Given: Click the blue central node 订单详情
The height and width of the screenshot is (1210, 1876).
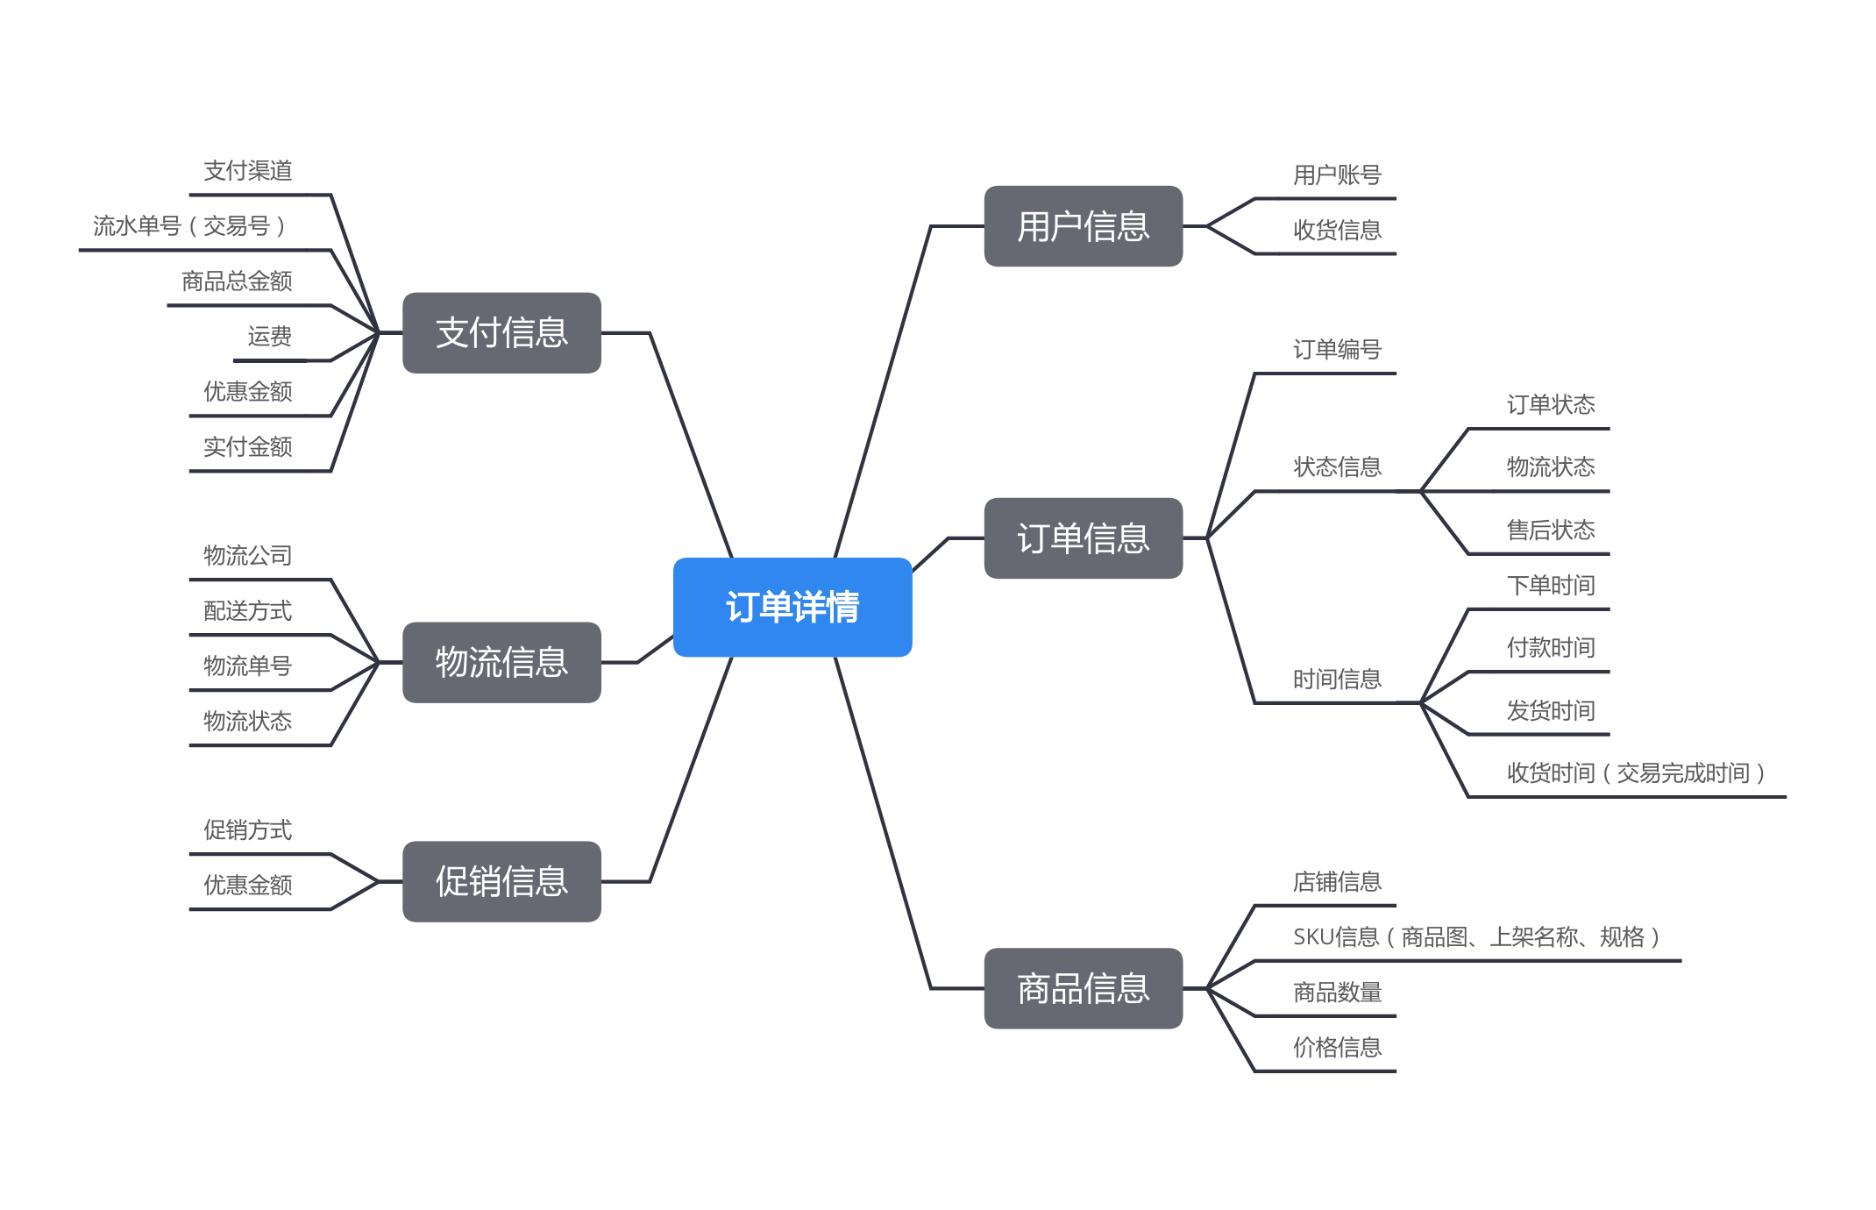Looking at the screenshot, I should click(792, 607).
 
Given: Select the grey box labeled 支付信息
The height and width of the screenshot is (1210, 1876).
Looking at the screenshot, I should click(501, 333).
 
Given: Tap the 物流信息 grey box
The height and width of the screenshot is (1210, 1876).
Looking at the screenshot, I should click(501, 662).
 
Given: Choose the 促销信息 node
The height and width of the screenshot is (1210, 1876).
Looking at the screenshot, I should click(501, 881).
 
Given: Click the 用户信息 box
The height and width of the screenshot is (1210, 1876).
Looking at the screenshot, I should click(1083, 226).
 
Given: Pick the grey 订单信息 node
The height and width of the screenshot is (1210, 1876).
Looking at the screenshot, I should click(1083, 538).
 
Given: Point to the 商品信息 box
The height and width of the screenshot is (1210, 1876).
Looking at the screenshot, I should click(1083, 988).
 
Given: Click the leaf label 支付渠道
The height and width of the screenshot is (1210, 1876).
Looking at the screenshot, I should click(248, 171).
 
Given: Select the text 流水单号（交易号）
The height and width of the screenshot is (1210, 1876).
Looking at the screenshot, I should click(189, 226).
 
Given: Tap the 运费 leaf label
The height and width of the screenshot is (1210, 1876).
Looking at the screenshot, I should click(269, 337).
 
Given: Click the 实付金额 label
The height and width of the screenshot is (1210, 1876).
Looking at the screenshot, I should click(248, 447).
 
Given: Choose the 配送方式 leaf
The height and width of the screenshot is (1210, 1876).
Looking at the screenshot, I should click(248, 611).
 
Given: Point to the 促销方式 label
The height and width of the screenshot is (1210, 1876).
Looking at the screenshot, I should click(248, 830).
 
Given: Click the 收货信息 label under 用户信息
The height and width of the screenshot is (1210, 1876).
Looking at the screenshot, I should click(1337, 231).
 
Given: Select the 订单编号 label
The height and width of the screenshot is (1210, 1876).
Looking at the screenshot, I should click(1337, 350).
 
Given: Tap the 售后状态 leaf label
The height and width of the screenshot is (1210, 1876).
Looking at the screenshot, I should click(1550, 530).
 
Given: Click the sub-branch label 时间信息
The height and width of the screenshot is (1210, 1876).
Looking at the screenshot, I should click(1337, 680).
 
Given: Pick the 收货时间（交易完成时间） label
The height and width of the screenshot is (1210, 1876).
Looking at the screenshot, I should click(1636, 773).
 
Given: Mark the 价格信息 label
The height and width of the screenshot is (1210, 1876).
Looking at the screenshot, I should click(1337, 1048).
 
